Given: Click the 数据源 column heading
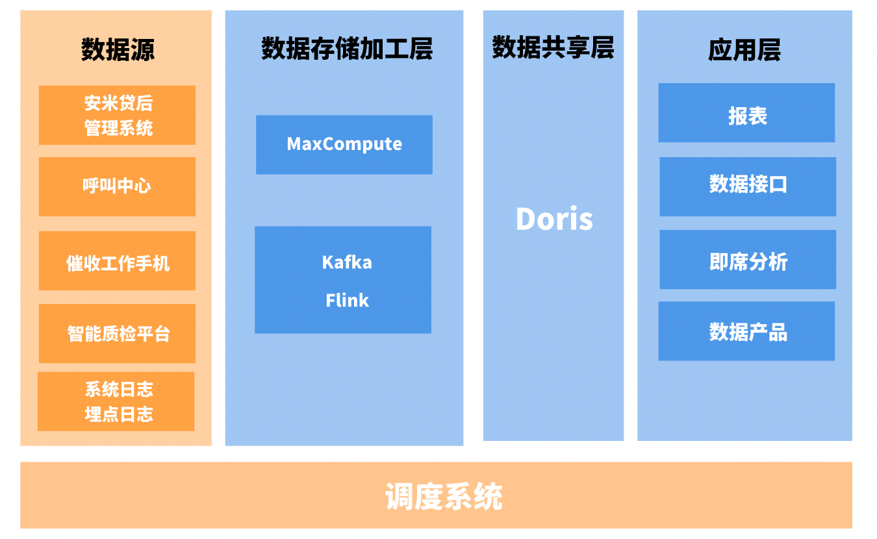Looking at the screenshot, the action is pyautogui.click(x=118, y=49).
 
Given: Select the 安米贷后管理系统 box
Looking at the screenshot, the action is pyautogui.click(x=117, y=115).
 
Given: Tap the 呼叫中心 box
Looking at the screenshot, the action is pyautogui.click(x=117, y=186).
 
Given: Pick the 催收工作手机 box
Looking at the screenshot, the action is pyautogui.click(x=117, y=261).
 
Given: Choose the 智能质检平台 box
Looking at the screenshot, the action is pyautogui.click(x=117, y=333).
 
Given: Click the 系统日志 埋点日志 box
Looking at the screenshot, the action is pyautogui.click(x=116, y=401).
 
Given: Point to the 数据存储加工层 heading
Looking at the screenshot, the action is pyautogui.click(x=346, y=49).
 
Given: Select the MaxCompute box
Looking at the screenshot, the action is pyautogui.click(x=344, y=144).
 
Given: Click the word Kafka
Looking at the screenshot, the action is pyautogui.click(x=347, y=262).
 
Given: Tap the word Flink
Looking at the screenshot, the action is pyautogui.click(x=347, y=301).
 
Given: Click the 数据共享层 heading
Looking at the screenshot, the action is pyautogui.click(x=553, y=47).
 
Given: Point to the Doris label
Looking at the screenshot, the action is pyautogui.click(x=554, y=219).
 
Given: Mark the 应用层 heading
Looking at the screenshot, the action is pyautogui.click(x=744, y=49).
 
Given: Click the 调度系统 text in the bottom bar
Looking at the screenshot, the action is pyautogui.click(x=444, y=497).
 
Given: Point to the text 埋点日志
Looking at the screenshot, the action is pyautogui.click(x=119, y=414).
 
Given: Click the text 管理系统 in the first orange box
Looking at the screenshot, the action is pyautogui.click(x=119, y=128).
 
